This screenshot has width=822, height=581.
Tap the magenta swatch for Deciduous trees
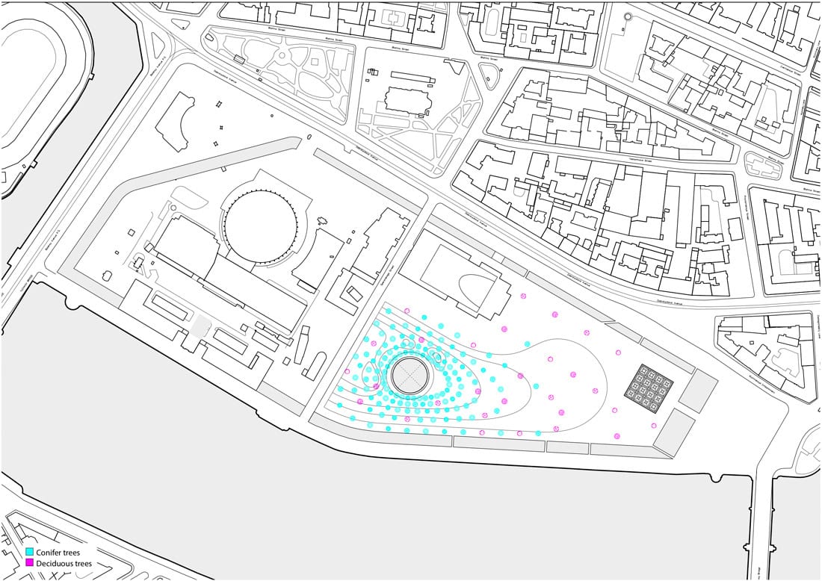pos(30,562)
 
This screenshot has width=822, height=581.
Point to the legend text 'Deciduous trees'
pos(65,562)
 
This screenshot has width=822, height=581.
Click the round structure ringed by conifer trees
pos(409,374)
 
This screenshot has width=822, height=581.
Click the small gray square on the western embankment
pos(200,326)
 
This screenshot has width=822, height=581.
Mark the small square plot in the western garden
pos(240,58)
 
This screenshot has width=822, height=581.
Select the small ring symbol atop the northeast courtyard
pos(627,16)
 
